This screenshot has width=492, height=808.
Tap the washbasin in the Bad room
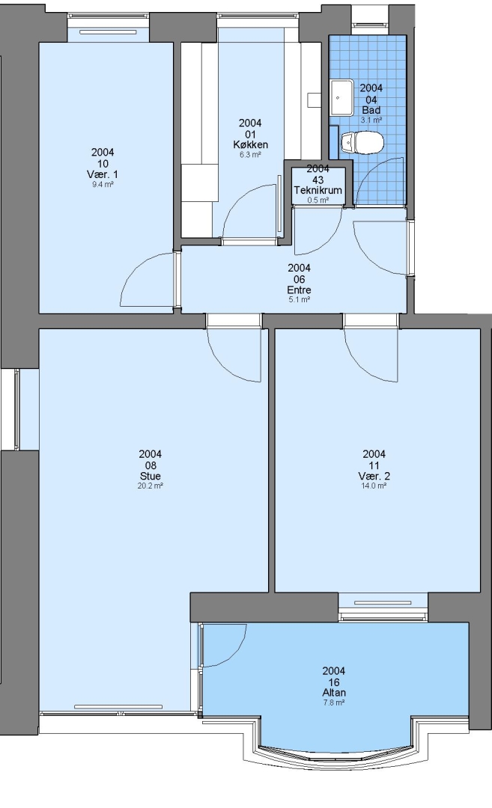tap(341, 97)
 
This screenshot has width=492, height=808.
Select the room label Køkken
tap(250, 144)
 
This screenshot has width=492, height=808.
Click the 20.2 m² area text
tap(150, 486)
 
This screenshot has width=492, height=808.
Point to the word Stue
tap(150, 476)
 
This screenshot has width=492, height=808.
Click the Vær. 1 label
tap(103, 174)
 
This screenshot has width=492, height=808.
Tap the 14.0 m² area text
tap(374, 486)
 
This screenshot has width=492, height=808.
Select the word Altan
tap(334, 693)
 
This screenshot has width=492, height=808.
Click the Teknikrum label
tap(318, 190)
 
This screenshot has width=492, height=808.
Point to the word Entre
tap(299, 290)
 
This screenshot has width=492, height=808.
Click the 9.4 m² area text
tap(103, 184)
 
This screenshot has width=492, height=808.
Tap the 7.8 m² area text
tap(334, 703)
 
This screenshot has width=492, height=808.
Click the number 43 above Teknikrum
tap(318, 180)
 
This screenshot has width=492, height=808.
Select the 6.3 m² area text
tap(250, 155)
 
